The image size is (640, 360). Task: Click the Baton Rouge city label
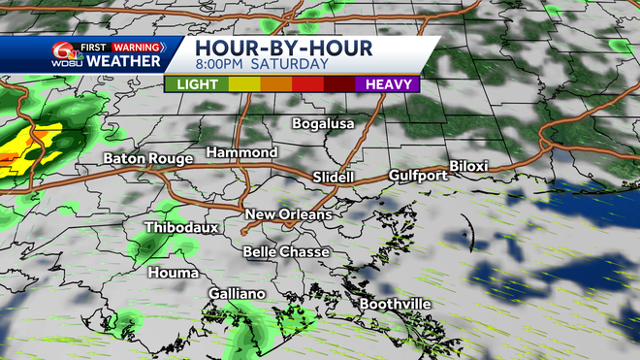(x=144, y=157)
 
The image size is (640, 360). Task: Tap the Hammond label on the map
(x=242, y=153)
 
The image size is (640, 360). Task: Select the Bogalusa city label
(x=325, y=123)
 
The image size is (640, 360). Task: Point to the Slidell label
(x=336, y=177)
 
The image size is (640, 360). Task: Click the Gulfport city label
(x=418, y=176)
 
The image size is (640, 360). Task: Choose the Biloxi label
(x=468, y=167)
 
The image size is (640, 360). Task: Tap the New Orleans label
(x=288, y=214)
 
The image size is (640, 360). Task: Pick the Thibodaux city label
(x=182, y=228)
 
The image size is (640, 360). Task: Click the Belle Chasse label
(x=287, y=252)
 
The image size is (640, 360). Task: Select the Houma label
(x=173, y=273)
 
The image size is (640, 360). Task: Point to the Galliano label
(x=238, y=294)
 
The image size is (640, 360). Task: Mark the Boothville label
(x=395, y=305)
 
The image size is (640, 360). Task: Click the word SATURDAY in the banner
(x=290, y=65)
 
